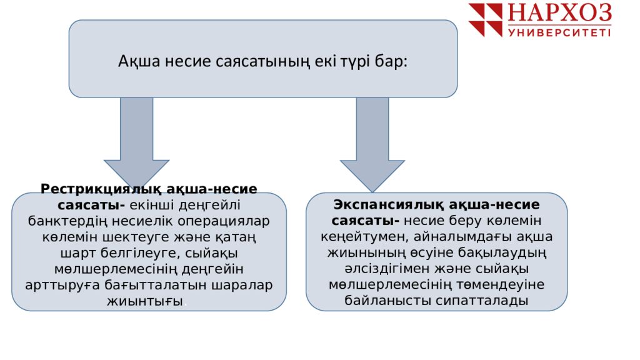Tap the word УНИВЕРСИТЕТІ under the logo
[559, 32]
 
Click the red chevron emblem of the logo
[485, 20]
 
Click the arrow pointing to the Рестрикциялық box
[136, 143]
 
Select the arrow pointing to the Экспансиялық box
[372, 145]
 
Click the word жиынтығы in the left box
[145, 301]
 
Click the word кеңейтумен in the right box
[364, 237]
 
